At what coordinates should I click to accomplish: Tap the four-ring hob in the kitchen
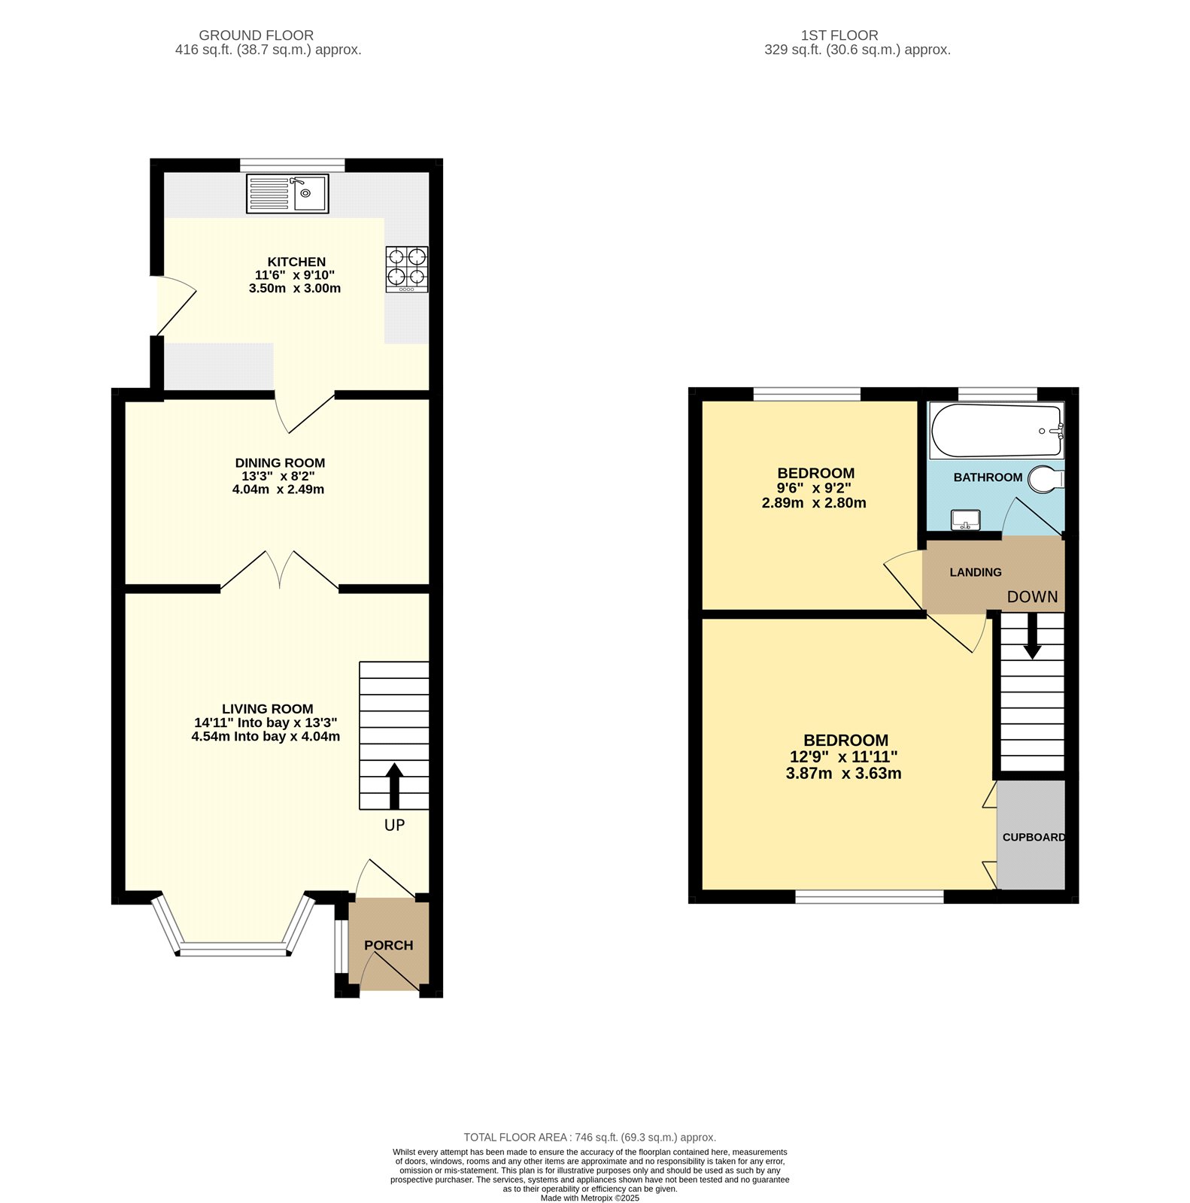point(407,268)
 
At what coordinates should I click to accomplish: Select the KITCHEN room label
point(296,262)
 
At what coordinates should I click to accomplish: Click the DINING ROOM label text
point(280,463)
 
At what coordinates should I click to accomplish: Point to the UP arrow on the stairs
point(394,786)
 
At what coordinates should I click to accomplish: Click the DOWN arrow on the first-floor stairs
point(1032,636)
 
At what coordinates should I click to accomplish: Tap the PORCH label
point(389,945)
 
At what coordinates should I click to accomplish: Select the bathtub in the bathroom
point(996,431)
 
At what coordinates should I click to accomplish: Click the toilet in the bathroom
point(1046,478)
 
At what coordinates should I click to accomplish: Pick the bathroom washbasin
point(965,520)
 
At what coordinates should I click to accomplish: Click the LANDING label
point(976,572)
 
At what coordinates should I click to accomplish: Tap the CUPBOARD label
point(1034,837)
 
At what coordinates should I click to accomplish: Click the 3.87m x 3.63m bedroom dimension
point(843,773)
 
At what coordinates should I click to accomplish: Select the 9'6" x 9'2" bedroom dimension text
point(814,487)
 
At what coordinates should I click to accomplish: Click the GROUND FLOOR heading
point(256,35)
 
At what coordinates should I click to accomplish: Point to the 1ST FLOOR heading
point(839,35)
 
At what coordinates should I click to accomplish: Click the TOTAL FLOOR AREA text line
point(590,1138)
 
